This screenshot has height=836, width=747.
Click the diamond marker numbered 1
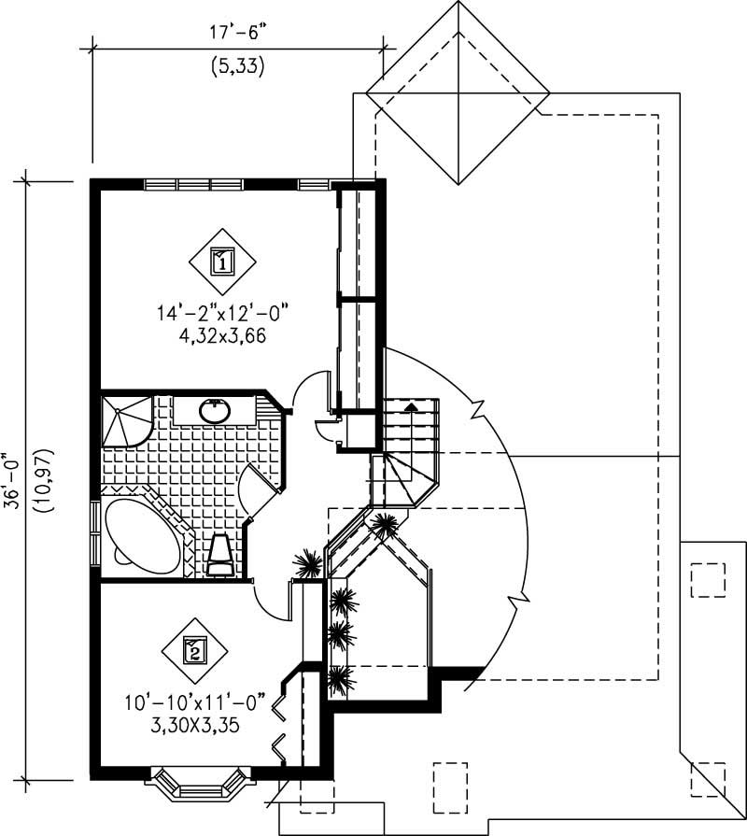(222, 261)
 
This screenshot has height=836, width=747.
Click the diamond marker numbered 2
(194, 650)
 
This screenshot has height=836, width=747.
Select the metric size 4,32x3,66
(224, 336)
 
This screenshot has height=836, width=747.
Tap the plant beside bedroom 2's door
(307, 564)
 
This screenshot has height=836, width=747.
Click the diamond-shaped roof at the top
(458, 92)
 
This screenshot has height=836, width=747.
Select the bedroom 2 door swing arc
(271, 602)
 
